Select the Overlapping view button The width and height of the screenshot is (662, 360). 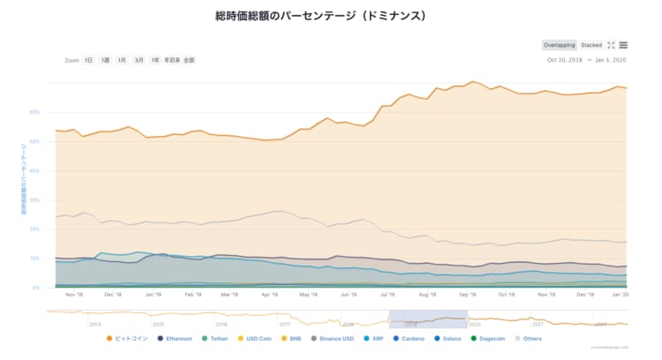pos(559,45)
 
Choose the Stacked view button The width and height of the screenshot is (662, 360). pos(591,45)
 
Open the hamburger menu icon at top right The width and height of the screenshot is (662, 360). pos(623,45)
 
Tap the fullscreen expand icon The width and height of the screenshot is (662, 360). pos(610,45)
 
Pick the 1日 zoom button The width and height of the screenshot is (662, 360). pos(88,60)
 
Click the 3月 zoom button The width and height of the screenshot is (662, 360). pos(139,60)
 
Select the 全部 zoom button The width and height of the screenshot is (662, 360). pos(188,60)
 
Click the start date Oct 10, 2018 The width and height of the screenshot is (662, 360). pos(566,60)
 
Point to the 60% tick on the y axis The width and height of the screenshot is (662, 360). pos(34,112)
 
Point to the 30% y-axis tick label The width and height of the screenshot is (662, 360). pos(34,199)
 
